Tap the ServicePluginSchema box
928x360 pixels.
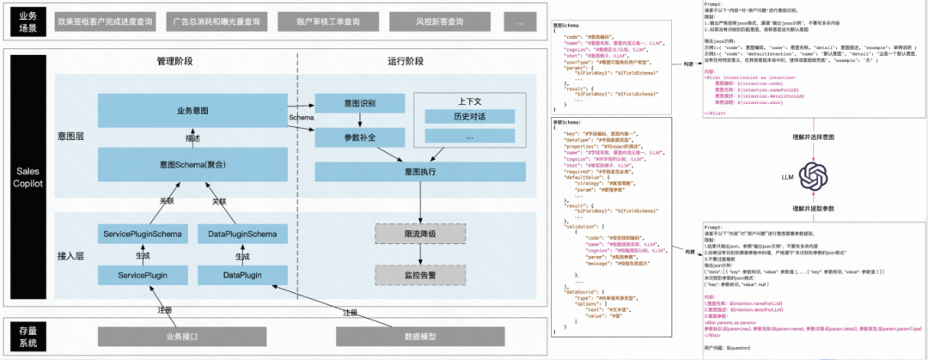pos(142,234)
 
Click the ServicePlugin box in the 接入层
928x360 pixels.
pos(142,274)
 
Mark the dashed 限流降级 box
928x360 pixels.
pos(419,235)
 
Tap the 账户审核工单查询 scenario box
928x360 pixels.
pos(328,21)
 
